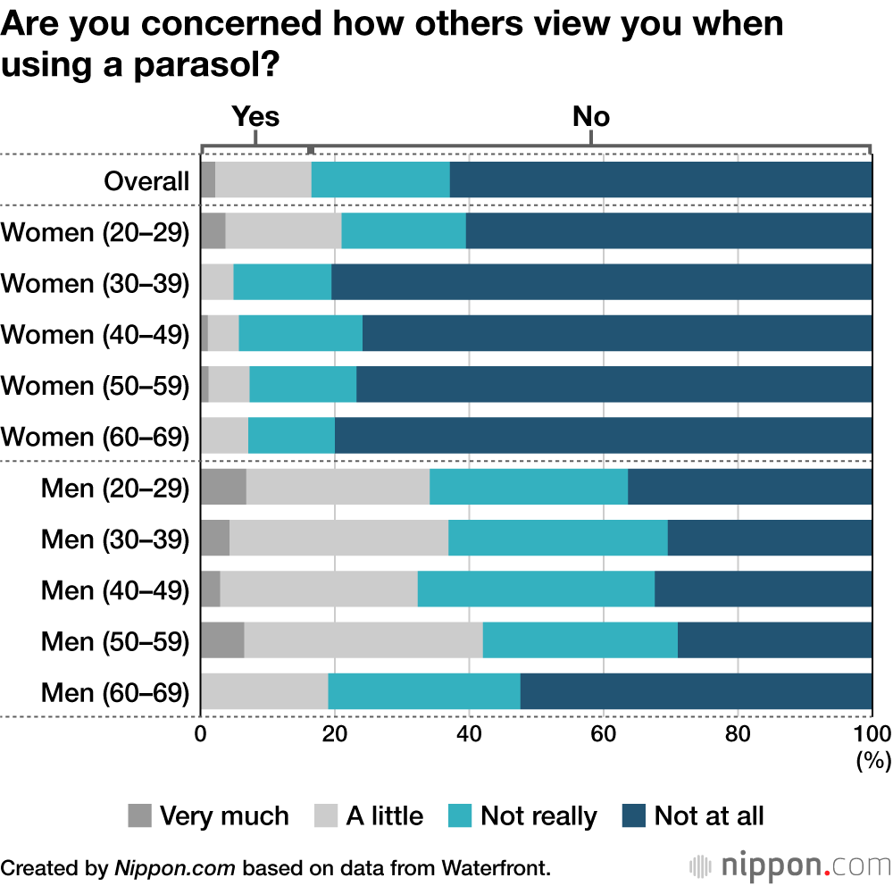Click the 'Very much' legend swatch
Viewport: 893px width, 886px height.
click(x=140, y=815)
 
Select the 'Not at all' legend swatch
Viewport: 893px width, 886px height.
click(x=634, y=815)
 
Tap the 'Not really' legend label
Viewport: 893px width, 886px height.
click(x=538, y=815)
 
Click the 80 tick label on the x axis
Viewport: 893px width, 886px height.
click(x=738, y=734)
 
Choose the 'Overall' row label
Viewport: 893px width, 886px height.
click(x=146, y=181)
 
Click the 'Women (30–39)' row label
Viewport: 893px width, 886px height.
click(x=96, y=283)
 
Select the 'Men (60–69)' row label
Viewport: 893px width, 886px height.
click(x=115, y=693)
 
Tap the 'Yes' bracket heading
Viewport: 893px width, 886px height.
click(x=255, y=117)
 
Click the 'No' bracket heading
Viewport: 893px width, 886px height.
click(x=591, y=117)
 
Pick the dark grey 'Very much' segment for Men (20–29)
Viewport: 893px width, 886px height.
click(x=223, y=488)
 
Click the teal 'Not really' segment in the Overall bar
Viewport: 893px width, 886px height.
click(x=380, y=180)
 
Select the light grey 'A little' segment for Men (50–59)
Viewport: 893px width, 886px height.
click(x=363, y=640)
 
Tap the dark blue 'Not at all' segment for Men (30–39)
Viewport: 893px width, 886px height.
click(x=770, y=539)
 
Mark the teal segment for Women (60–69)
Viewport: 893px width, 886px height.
click(x=291, y=436)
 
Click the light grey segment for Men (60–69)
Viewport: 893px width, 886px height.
click(x=264, y=692)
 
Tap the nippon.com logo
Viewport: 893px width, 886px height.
click(x=790, y=865)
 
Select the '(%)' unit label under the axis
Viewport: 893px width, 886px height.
click(x=873, y=760)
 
